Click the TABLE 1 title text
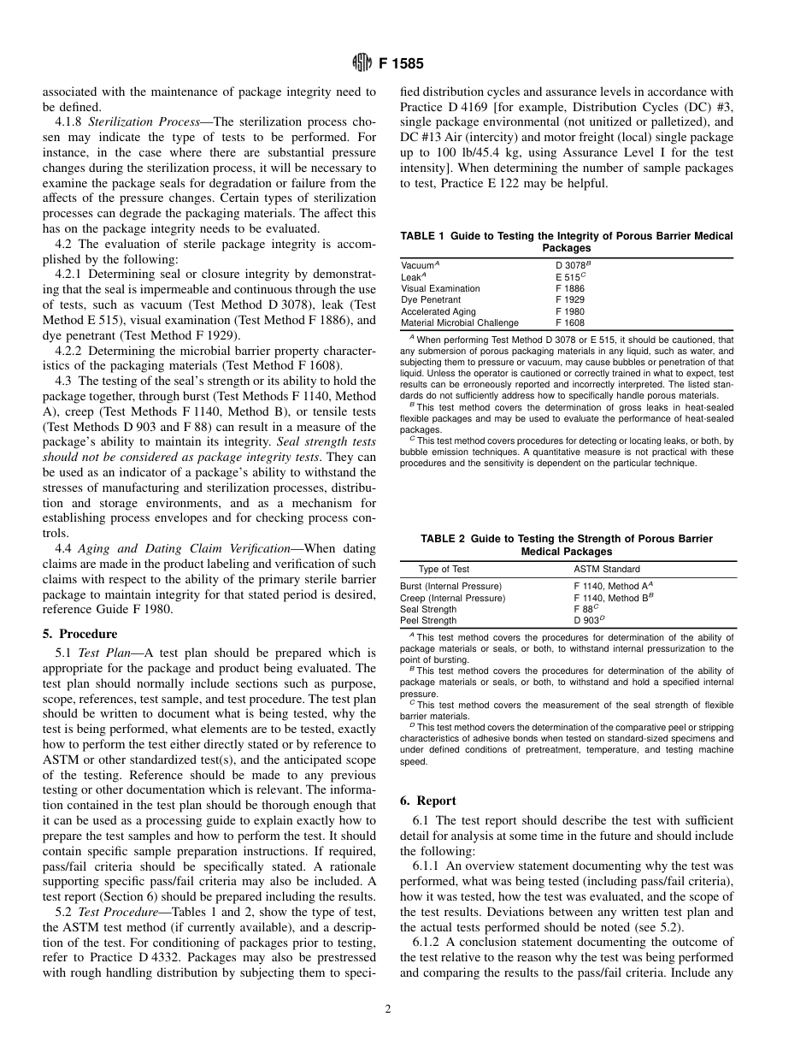[567, 242]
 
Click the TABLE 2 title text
[567, 545]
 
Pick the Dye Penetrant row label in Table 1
[430, 300]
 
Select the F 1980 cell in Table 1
[570, 312]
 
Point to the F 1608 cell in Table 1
[570, 323]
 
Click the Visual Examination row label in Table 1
[440, 289]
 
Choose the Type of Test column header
[444, 569]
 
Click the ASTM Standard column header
[606, 569]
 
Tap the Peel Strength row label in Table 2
[428, 620]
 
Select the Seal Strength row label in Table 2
[428, 609]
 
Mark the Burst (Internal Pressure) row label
[450, 586]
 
